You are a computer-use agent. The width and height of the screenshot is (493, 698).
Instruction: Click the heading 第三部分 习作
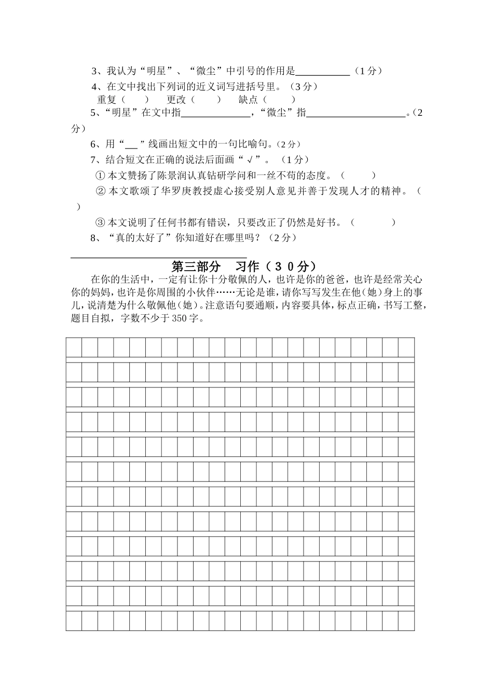pos(243,266)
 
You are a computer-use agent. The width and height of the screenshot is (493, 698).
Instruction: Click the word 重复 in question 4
pos(106,99)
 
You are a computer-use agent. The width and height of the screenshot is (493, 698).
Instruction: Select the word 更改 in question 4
pos(176,99)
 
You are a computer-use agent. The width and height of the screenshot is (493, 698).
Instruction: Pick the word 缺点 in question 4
pos(248,99)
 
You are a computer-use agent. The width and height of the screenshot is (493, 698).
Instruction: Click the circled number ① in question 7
pos(100,176)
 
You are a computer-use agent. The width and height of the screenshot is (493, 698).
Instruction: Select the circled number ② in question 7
pos(102,191)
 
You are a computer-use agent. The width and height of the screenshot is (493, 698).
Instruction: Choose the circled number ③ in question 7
pos(100,222)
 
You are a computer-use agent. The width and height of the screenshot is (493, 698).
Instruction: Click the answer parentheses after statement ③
pos(373,222)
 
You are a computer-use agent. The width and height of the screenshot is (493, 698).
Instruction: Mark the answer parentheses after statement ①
pos(358,176)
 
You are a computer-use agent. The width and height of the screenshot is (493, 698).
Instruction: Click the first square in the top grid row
pos(74,347)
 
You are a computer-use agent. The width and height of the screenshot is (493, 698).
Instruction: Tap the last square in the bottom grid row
pos(406,621)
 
